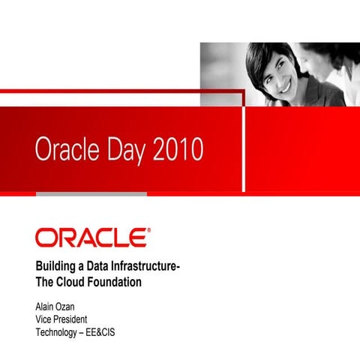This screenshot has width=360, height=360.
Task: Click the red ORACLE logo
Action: click(90, 238)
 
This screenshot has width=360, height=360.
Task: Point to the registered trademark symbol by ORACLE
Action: click(148, 231)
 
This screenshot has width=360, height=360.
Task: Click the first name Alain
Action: click(47, 306)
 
